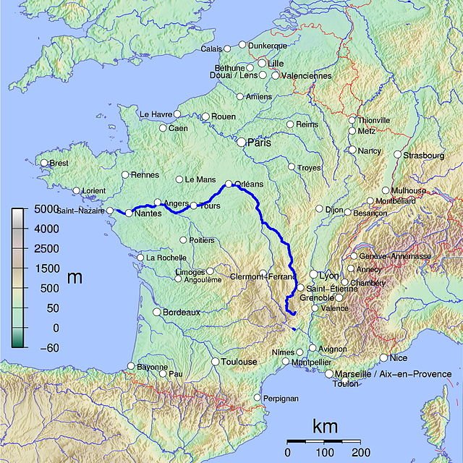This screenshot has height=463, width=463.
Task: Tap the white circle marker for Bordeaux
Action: coord(156,312)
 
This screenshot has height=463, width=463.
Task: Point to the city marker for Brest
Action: coord(44,163)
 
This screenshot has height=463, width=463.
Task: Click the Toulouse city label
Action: coord(239,362)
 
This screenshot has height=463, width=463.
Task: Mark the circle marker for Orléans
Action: coord(229,184)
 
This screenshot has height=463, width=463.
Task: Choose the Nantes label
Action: coord(148,213)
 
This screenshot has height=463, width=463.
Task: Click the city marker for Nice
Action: coord(383,357)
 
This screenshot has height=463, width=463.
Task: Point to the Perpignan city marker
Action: coord(258,397)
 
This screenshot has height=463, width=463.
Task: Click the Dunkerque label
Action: coord(268,46)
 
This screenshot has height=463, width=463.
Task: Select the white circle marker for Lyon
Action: coord(314,275)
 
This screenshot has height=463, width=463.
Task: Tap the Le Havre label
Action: coord(155,114)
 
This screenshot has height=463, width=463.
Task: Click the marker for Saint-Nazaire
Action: coord(110,211)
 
